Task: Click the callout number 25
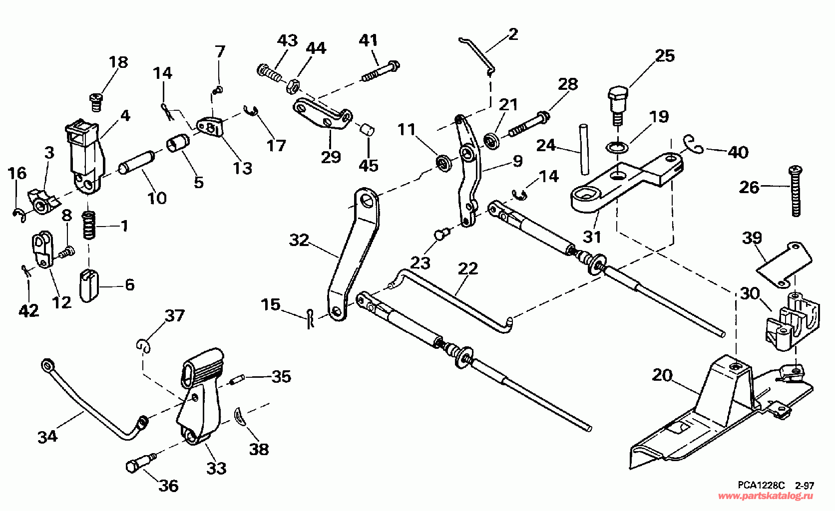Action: [x=665, y=56]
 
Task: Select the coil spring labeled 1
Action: [x=89, y=225]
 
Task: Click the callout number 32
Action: [x=299, y=240]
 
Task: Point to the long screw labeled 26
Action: [x=795, y=191]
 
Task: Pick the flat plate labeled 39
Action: [x=784, y=265]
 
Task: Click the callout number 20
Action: [x=662, y=375]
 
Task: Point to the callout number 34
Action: [x=47, y=437]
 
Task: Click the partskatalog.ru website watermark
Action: [x=766, y=496]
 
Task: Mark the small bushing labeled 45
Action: [x=368, y=131]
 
